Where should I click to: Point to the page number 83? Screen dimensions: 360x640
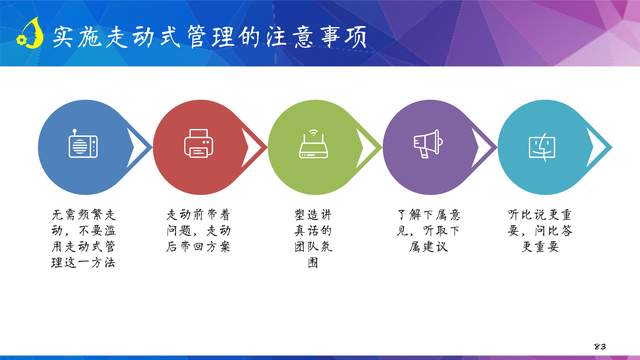tap(600, 345)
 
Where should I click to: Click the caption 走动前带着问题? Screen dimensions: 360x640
tap(198, 230)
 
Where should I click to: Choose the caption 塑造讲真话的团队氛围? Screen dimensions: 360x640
tap(312, 238)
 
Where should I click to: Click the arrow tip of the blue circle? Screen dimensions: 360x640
tap(149, 146)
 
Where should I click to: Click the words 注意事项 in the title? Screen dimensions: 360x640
tap(319, 37)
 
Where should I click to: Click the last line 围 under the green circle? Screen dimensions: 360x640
tap(312, 263)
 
